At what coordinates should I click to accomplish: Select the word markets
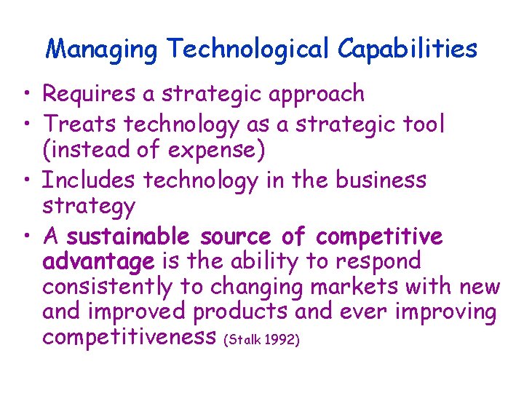(x=355, y=287)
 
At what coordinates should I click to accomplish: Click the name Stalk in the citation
(x=245, y=340)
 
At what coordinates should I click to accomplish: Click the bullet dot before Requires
(x=26, y=95)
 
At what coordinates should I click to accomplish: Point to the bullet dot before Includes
(x=26, y=180)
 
